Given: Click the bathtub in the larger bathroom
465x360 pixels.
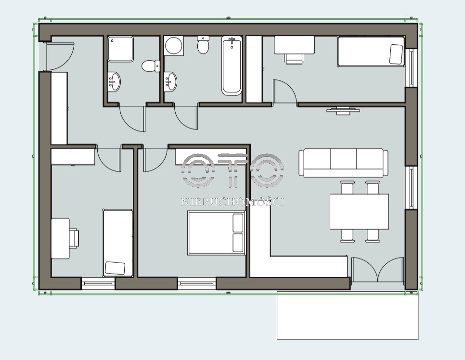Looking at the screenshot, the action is pos(232,65).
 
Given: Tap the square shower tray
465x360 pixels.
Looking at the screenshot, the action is pos(120,49).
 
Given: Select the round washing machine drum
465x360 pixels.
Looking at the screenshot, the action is pos(174,46).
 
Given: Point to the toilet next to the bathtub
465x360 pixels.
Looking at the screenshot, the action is pos(203,45).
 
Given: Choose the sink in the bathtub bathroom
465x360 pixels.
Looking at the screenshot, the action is pos(170,81).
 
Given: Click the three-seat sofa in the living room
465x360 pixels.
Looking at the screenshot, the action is pos(343,163).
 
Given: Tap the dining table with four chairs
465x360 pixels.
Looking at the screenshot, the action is pos(359,212).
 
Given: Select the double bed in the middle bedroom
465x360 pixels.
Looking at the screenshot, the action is pos(216,233).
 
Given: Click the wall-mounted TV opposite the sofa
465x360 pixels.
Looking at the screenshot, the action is pos(343,110).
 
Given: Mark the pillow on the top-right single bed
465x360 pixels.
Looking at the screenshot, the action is pos(396,54).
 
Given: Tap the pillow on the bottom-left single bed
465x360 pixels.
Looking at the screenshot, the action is pos(115,268).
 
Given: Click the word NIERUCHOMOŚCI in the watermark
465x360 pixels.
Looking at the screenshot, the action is pos(232,202).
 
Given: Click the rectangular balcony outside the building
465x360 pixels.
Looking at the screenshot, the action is pos(348,316).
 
